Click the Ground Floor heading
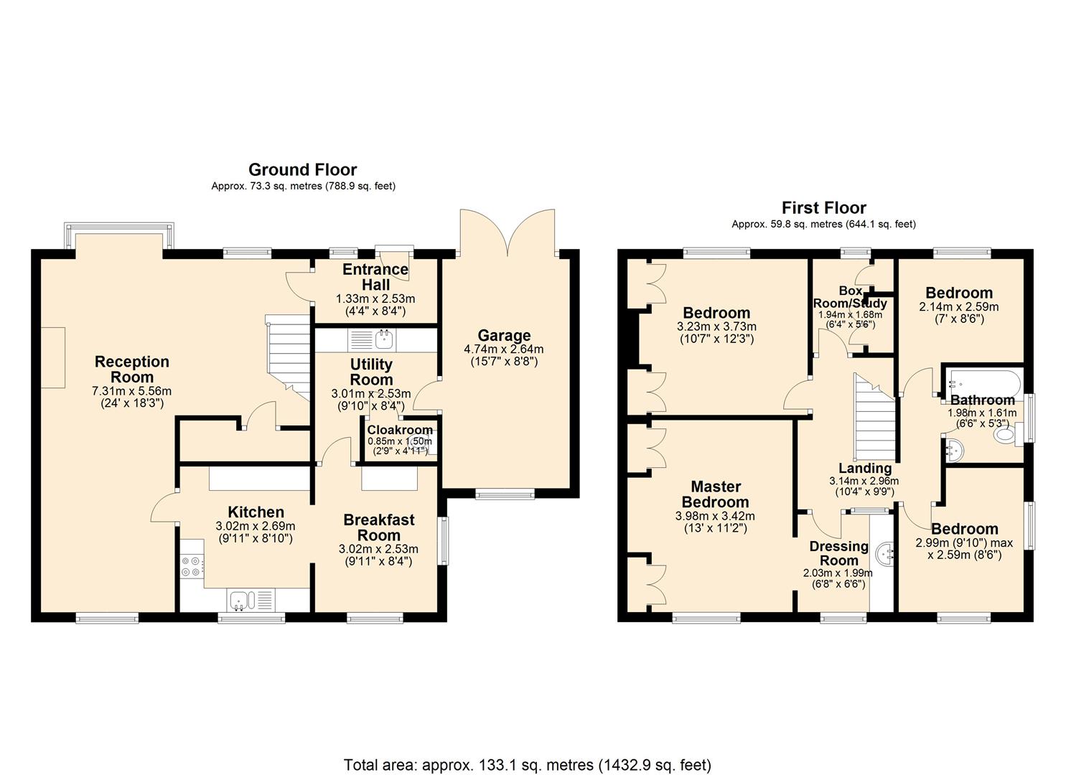pyautogui.click(x=302, y=170)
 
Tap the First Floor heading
pyautogui.click(x=823, y=208)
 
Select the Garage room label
pyautogui.click(x=505, y=335)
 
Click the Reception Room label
pyautogui.click(x=132, y=370)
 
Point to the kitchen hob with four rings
pyautogui.click(x=191, y=566)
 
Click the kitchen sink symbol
pyautogui.click(x=239, y=598)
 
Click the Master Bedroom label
pyautogui.click(x=715, y=494)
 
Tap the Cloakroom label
pyautogui.click(x=400, y=430)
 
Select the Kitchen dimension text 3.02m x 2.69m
pyautogui.click(x=256, y=526)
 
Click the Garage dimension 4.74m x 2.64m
pyautogui.click(x=504, y=349)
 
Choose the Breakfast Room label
pyautogui.click(x=378, y=527)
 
